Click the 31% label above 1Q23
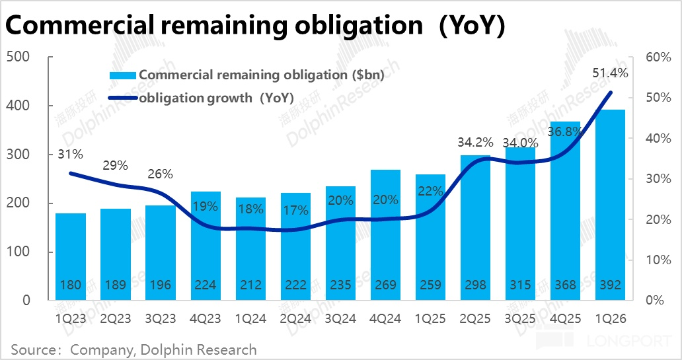(x=70, y=155)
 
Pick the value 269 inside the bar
(x=386, y=285)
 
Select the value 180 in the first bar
(x=70, y=285)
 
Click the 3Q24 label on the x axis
(x=341, y=318)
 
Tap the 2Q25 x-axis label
(x=476, y=318)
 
